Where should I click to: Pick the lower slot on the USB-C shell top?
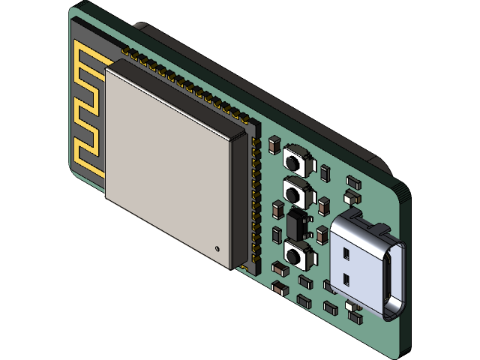[x=346, y=280]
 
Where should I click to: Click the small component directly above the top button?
[x=274, y=142]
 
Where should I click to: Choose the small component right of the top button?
[x=324, y=172]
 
